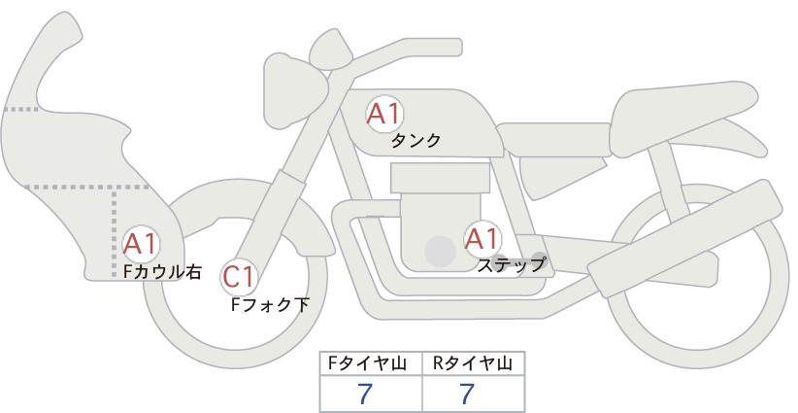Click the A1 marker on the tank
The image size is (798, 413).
(384, 114)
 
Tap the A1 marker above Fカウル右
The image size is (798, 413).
(141, 245)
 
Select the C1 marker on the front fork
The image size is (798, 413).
(239, 278)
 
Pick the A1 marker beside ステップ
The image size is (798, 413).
(482, 239)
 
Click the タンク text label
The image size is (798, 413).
(416, 141)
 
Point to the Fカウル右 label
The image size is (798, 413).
(163, 271)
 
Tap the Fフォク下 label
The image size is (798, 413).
(270, 304)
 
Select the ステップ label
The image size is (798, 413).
(511, 265)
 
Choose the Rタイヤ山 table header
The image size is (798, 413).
(473, 363)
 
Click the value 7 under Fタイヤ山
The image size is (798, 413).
(365, 394)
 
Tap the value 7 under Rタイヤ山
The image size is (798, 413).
(467, 394)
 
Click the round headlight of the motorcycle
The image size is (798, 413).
(295, 90)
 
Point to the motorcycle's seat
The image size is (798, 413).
(682, 118)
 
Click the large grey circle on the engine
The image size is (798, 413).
(440, 251)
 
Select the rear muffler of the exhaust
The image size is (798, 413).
(684, 238)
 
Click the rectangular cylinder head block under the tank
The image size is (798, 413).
(440, 178)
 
